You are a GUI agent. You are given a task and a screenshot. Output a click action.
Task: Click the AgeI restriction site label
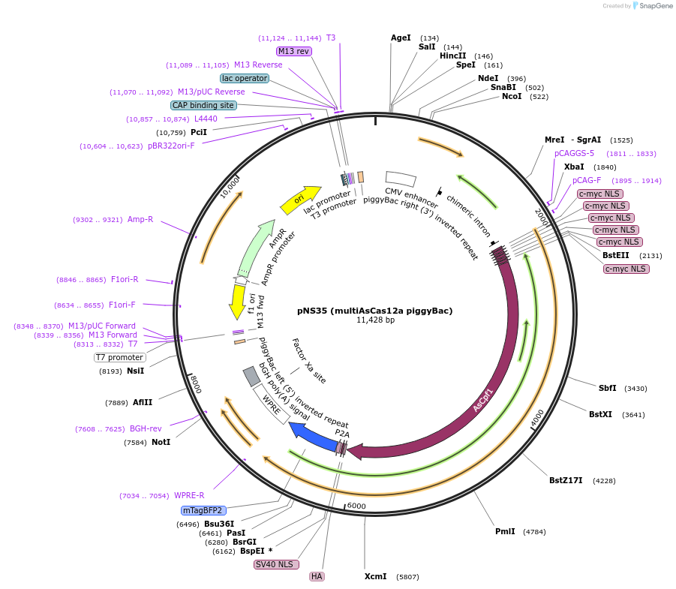click(401, 38)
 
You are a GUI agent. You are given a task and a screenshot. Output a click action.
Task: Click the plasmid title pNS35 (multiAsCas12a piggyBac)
click(374, 310)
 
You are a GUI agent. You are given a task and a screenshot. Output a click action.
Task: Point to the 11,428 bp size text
click(374, 320)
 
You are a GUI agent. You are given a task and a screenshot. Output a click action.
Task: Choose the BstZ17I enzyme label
click(566, 480)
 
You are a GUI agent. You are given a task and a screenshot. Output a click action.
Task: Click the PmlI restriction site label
click(505, 531)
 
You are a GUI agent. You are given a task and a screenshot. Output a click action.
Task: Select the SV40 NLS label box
click(277, 564)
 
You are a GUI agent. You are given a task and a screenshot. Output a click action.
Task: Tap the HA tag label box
click(317, 576)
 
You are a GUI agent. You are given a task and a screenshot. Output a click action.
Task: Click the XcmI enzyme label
click(375, 576)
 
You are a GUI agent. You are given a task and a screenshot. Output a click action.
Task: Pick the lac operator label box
click(245, 78)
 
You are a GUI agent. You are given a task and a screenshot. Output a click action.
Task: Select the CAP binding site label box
click(203, 105)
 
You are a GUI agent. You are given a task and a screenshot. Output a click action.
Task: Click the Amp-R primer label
click(140, 219)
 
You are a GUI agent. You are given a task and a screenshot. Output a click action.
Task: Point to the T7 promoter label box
click(120, 357)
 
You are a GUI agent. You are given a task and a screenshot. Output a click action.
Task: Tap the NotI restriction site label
click(161, 442)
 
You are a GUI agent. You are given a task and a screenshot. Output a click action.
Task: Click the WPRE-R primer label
click(189, 495)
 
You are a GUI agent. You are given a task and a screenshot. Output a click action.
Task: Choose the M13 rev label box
click(293, 51)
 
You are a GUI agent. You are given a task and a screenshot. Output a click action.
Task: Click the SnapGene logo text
click(656, 6)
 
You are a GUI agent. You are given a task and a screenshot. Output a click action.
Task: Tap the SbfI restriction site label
click(607, 388)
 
